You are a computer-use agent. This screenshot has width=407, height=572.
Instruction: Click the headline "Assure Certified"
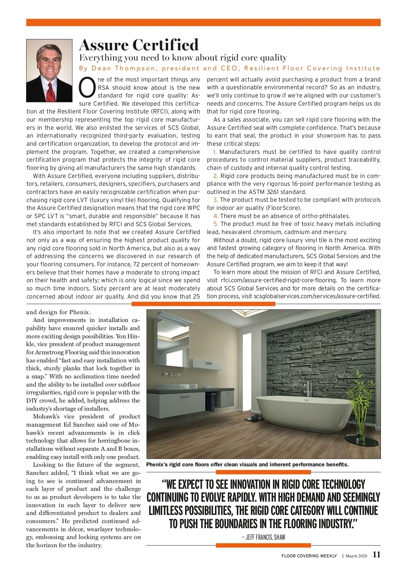(x=139, y=45)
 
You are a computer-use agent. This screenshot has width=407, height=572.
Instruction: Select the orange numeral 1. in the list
(x=215, y=152)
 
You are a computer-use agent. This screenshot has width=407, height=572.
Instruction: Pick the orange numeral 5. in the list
(x=216, y=224)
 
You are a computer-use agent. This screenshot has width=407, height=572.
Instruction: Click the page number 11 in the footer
(x=376, y=555)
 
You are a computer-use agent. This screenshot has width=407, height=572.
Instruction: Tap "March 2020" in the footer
(x=356, y=556)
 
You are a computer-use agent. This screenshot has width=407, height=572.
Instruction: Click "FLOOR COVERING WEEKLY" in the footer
(x=309, y=556)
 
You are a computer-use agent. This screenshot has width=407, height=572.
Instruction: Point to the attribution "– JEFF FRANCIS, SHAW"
(x=263, y=537)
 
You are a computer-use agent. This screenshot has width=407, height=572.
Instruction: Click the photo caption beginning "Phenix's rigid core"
(x=247, y=464)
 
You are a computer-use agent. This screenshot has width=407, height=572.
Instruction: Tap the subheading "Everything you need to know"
(x=183, y=58)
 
